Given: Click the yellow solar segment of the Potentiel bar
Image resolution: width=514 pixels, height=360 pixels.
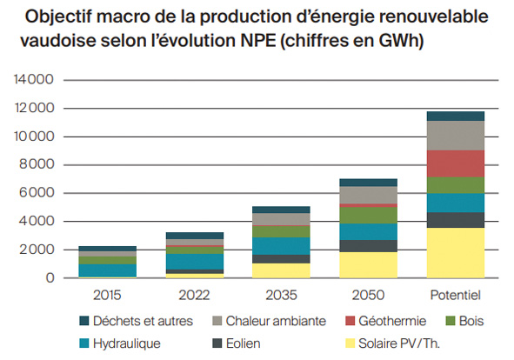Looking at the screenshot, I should click(x=456, y=252).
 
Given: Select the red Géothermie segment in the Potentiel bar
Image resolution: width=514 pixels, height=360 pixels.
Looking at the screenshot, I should click(x=456, y=163).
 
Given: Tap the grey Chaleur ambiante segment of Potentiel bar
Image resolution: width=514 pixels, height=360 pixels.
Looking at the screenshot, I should click(x=456, y=136).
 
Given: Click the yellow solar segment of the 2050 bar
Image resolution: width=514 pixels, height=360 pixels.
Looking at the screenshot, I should click(x=369, y=264).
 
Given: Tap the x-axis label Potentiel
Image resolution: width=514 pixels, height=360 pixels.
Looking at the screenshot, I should click(x=456, y=294).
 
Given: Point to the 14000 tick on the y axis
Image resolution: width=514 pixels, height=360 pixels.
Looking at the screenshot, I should click(x=36, y=80).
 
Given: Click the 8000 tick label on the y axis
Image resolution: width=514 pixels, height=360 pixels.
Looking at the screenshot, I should click(x=38, y=164).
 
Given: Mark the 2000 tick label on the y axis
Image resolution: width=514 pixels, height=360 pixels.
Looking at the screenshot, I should click(x=38, y=250).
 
